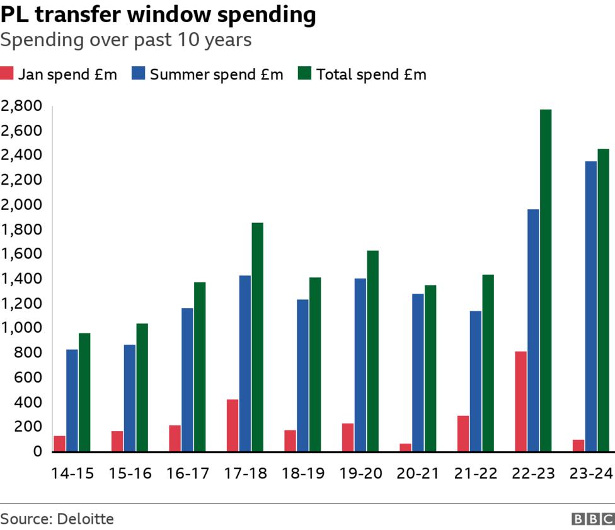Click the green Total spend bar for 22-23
[546, 280]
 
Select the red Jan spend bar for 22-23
[520, 401]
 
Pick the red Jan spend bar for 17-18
[233, 425]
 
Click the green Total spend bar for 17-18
[257, 337]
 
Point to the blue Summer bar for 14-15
[72, 400]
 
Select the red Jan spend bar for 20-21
[405, 447]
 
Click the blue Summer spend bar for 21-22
[475, 381]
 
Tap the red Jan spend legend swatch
[7, 74]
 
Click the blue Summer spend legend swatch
[138, 74]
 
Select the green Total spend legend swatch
[305, 74]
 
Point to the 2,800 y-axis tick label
[21, 105]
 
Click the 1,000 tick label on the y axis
[21, 328]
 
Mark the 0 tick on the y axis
[37, 451]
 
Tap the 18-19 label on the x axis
[303, 473]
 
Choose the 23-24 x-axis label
[590, 473]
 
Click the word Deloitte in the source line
[85, 519]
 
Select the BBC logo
[592, 519]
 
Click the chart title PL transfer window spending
[158, 15]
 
